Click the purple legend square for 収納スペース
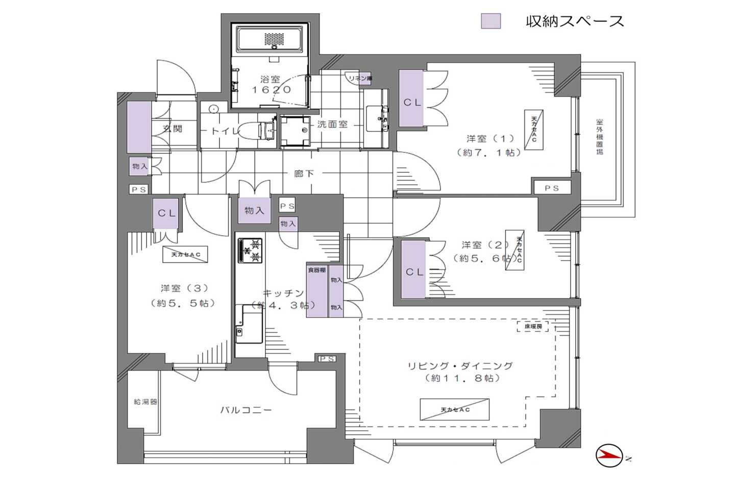491,21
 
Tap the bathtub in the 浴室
270,39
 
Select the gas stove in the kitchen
250,250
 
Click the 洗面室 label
332,124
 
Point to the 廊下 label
304,174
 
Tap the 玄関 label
173,129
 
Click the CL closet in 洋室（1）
411,99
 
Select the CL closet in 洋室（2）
413,270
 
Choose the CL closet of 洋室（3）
166,213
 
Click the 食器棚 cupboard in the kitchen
317,291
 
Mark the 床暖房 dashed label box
532,326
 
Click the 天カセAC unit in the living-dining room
454,409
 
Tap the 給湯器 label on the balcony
145,402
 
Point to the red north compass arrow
609,456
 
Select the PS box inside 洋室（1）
552,188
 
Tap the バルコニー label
246,410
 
